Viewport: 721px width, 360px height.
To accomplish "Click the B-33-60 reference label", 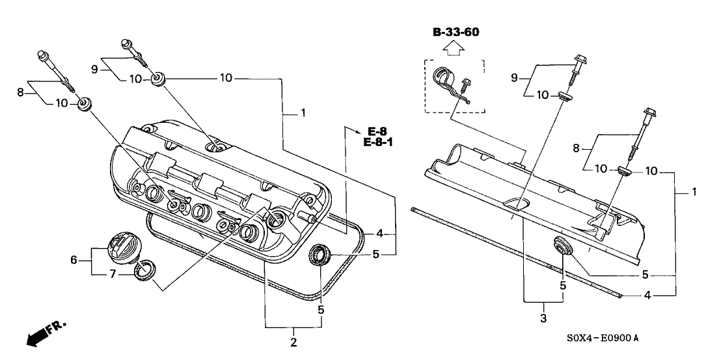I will click(x=454, y=33).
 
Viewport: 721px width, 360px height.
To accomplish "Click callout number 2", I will click(x=293, y=341).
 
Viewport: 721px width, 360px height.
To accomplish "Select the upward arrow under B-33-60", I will click(x=454, y=48).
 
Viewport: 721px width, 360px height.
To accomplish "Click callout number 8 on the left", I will click(x=20, y=92).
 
